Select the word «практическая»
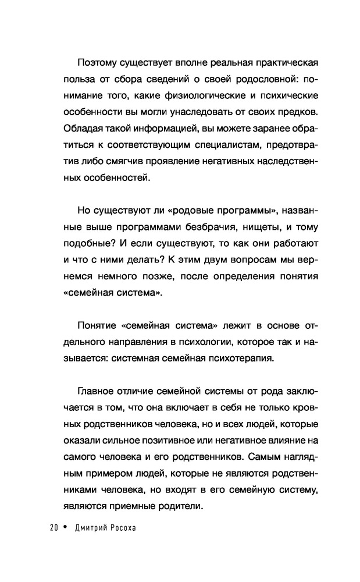pos(279,62)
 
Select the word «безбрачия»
pos(204,229)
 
